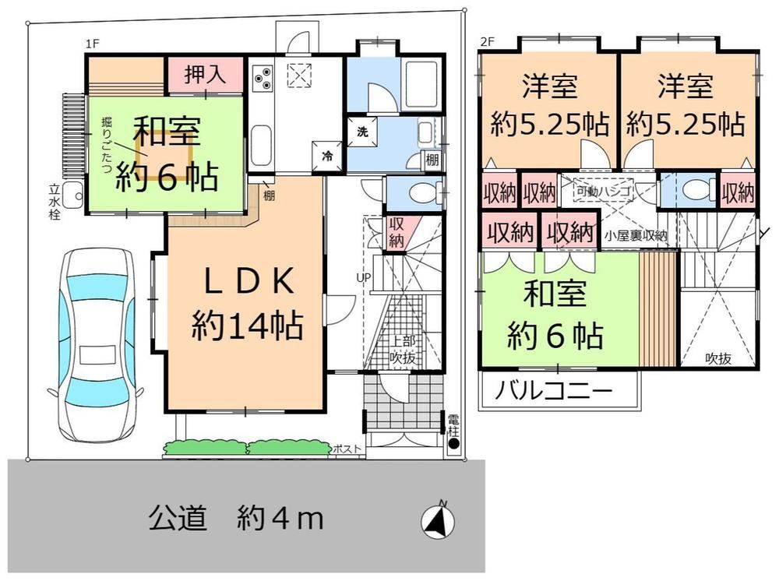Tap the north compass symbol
tap(438, 520)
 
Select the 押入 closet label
tap(205, 75)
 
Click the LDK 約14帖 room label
tap(248, 304)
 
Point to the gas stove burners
tap(263, 77)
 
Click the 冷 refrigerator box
tap(327, 156)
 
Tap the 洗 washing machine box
tap(361, 132)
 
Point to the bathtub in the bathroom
tap(421, 84)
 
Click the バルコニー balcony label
tap(554, 391)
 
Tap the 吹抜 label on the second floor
tap(718, 357)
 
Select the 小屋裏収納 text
tap(636, 235)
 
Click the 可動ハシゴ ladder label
tap(604, 190)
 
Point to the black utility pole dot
tap(453, 444)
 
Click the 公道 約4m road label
tap(236, 518)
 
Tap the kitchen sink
tap(261, 146)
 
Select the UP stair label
tap(364, 277)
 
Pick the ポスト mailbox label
tap(347, 449)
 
